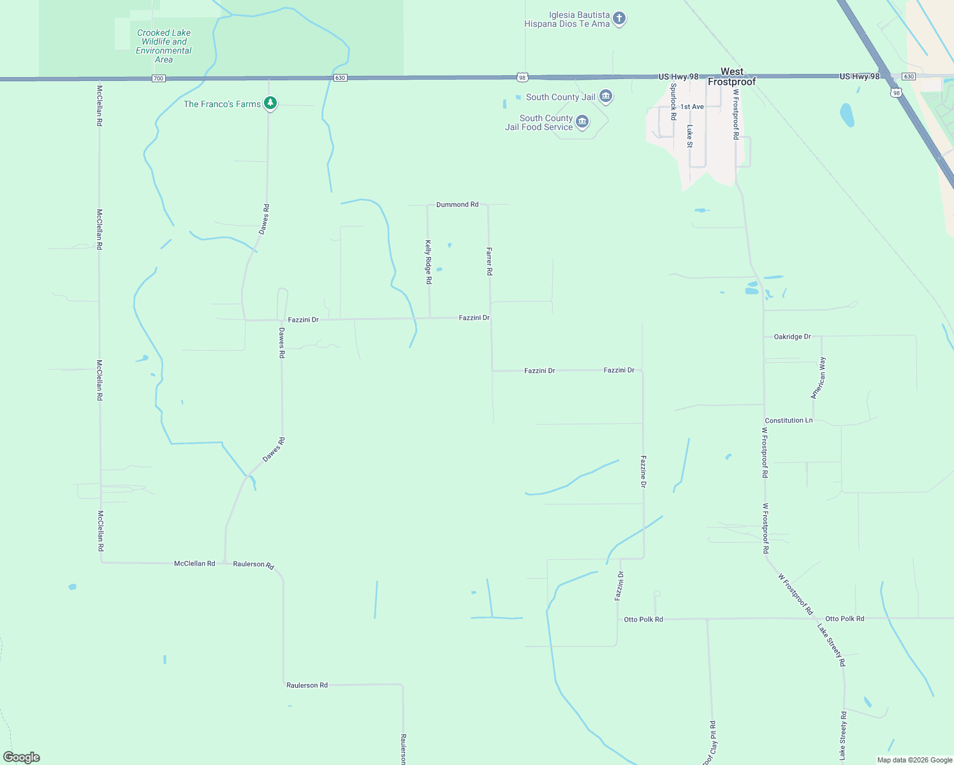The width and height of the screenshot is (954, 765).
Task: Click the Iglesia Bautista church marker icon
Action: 619,19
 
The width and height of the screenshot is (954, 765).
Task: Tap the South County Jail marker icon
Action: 606,97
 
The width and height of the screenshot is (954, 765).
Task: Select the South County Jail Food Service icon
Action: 582,122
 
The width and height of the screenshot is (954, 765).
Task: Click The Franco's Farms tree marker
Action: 270,103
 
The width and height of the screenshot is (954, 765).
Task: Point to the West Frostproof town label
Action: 731,76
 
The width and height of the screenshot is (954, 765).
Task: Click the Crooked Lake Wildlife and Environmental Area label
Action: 163,46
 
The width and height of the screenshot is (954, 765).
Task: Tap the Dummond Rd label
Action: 457,205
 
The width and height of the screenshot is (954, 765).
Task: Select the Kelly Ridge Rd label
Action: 429,261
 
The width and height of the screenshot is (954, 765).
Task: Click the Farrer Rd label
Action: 489,261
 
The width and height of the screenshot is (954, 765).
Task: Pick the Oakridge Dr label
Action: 792,337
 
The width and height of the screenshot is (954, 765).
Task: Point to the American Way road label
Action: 818,378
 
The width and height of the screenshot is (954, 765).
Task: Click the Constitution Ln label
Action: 789,421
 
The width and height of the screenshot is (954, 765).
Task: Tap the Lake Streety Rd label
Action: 832,645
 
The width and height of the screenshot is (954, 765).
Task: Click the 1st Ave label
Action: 692,107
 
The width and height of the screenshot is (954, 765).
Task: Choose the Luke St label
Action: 689,136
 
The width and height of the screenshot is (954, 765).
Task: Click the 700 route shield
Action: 158,78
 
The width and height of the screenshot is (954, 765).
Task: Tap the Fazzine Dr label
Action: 643,472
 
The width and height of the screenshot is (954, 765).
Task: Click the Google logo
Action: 22,757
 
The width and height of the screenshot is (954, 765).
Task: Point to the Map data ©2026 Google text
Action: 914,760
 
